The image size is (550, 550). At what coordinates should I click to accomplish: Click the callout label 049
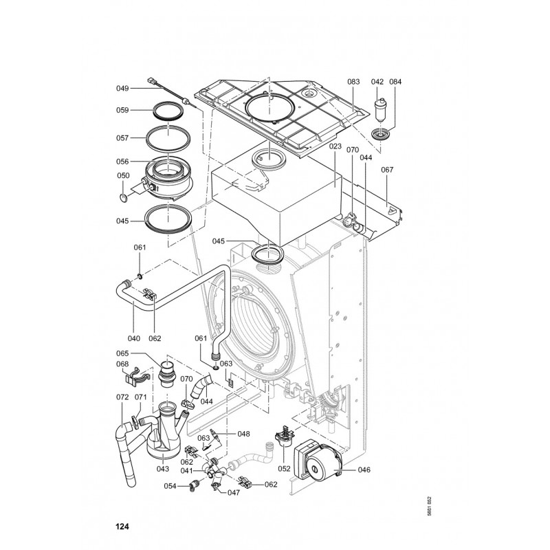[x=122, y=88]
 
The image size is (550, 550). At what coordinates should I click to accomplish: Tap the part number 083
[x=353, y=82]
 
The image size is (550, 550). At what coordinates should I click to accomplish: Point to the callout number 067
[x=388, y=170]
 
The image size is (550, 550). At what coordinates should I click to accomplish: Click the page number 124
[x=122, y=527]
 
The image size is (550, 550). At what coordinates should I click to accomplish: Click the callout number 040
[x=133, y=338]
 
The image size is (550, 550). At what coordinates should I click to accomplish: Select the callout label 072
[x=122, y=397]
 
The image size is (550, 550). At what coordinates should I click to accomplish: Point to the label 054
[x=169, y=486]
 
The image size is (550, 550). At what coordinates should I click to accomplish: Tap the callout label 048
[x=243, y=433]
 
